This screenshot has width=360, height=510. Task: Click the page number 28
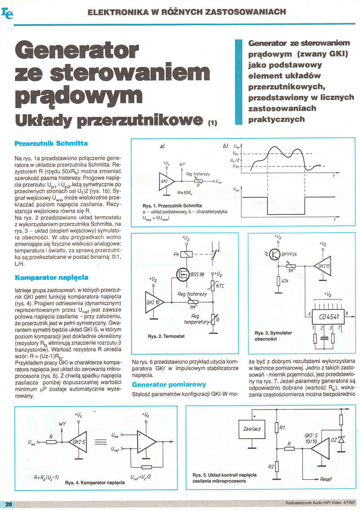(x=9, y=504)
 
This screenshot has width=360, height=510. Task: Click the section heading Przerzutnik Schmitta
(x=51, y=143)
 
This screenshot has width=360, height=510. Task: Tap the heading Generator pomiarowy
(x=169, y=385)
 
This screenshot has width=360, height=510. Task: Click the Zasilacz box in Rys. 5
(x=252, y=429)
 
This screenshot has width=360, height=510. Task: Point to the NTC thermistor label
(x=220, y=285)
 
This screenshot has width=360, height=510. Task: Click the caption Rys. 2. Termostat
(x=166, y=336)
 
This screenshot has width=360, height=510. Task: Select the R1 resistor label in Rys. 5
(x=282, y=428)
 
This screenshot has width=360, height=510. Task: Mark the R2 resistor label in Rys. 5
(x=271, y=467)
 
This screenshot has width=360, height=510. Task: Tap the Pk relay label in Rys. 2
(x=176, y=254)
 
